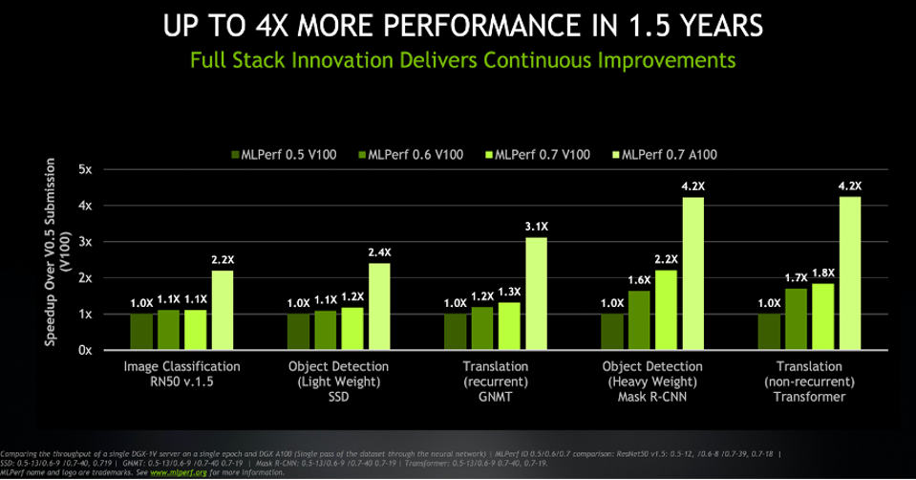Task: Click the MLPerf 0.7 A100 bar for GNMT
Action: pos(536,293)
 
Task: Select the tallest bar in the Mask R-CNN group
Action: pos(692,273)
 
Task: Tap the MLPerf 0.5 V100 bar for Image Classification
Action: pos(141,331)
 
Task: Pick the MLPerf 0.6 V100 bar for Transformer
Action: pos(796,318)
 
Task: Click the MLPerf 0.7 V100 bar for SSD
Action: pos(352,328)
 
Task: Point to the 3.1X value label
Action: pos(537,227)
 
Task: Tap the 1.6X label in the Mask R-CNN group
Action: pos(640,280)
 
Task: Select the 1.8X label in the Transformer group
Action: pos(822,273)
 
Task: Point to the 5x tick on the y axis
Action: pos(86,170)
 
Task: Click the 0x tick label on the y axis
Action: pos(86,350)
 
